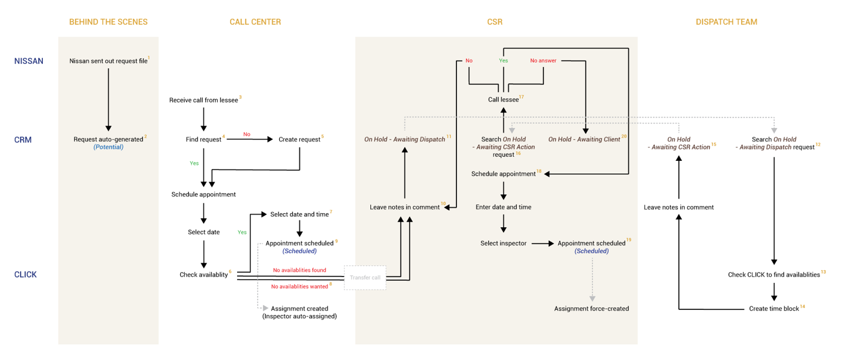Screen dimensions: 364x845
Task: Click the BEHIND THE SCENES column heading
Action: coord(109,22)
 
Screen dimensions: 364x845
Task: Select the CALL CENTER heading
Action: coord(255,22)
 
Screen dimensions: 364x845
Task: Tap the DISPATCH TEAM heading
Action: coord(726,22)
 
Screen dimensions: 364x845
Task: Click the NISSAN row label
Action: coord(29,61)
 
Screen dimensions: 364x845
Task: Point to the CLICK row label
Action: coord(25,274)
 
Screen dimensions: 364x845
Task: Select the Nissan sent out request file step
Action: coord(109,61)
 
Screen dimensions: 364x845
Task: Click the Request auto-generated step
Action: coord(109,140)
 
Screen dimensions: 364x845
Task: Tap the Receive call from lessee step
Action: coord(204,100)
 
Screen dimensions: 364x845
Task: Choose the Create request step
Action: coord(299,140)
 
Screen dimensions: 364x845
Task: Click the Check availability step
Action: coord(204,275)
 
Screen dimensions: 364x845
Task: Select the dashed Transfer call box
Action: coord(365,278)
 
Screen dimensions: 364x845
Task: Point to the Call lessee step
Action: coord(503,100)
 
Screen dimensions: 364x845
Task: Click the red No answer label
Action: coord(543,60)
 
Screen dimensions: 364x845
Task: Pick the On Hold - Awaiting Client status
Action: coord(584,140)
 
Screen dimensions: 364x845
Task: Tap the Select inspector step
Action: coord(503,243)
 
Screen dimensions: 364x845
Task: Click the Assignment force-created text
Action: coord(591,309)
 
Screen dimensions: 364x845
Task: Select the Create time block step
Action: coord(774,309)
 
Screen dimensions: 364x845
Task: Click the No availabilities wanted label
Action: coord(299,287)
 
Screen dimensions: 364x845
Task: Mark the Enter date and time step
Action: coord(503,207)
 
